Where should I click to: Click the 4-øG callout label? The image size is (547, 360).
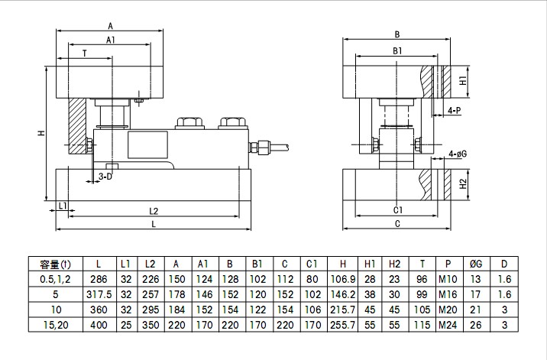point(458,154)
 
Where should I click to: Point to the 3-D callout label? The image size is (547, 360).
point(105,177)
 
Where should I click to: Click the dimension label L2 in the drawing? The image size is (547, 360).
point(154,210)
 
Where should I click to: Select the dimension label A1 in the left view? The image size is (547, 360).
point(111,39)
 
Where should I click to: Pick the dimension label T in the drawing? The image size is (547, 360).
point(84,53)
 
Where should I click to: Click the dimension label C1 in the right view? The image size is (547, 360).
point(397,209)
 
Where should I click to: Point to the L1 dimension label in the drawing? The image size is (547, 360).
point(63,206)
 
